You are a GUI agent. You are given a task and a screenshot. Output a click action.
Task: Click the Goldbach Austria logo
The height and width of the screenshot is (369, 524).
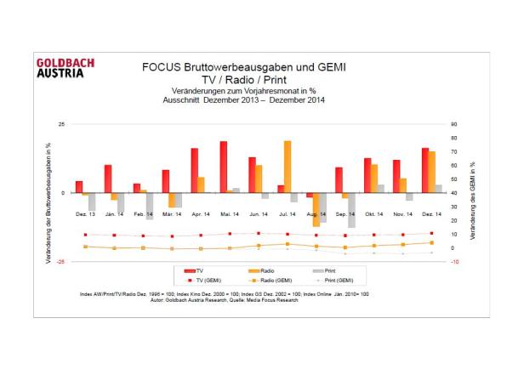(x=65, y=68)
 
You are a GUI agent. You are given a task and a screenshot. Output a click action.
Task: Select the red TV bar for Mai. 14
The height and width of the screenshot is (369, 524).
(x=224, y=167)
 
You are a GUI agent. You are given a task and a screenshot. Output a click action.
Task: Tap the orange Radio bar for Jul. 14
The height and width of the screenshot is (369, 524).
(x=288, y=167)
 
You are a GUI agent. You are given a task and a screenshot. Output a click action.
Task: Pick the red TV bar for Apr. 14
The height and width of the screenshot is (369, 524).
(x=195, y=170)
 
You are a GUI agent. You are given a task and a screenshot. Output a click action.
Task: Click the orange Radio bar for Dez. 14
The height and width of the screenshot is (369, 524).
(x=431, y=172)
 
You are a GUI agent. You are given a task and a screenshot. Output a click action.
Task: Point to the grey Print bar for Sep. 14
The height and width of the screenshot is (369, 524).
(x=351, y=210)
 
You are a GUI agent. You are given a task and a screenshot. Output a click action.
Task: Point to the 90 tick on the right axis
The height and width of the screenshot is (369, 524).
(x=455, y=125)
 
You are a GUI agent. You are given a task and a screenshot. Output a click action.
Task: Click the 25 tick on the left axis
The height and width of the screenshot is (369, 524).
(x=60, y=125)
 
